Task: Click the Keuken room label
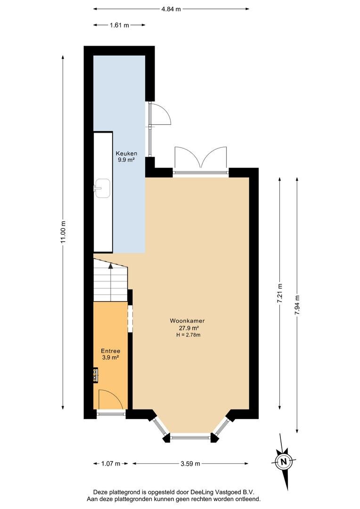(x=127, y=153)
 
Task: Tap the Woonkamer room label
(x=188, y=321)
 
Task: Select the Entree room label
(x=110, y=351)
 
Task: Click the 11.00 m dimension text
(x=64, y=232)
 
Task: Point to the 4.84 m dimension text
(x=171, y=9)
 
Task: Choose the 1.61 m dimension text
(x=120, y=25)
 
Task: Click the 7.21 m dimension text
(x=280, y=294)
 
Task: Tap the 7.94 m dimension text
(x=297, y=305)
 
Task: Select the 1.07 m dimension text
(x=111, y=464)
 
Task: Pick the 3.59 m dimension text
(x=190, y=464)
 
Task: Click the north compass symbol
(x=284, y=461)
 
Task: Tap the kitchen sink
(x=102, y=188)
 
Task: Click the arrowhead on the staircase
(x=111, y=266)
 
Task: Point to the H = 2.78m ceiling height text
(x=188, y=335)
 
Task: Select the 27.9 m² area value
(x=188, y=328)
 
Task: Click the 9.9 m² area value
(x=127, y=160)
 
